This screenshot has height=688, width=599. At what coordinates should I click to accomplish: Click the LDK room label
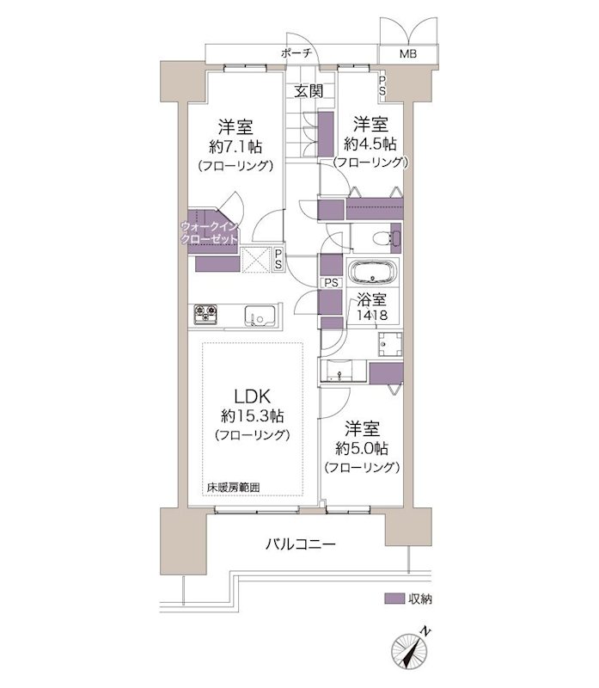point(252,396)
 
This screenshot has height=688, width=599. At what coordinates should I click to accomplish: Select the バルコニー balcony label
point(299,544)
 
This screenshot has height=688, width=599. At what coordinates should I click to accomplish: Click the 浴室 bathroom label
point(372,300)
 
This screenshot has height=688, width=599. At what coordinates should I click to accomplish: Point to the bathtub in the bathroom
point(372,273)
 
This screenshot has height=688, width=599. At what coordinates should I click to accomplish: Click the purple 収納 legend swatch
point(394,599)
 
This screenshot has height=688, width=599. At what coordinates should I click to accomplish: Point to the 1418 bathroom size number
point(372,316)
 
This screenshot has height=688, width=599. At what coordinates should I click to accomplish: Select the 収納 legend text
point(420,599)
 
